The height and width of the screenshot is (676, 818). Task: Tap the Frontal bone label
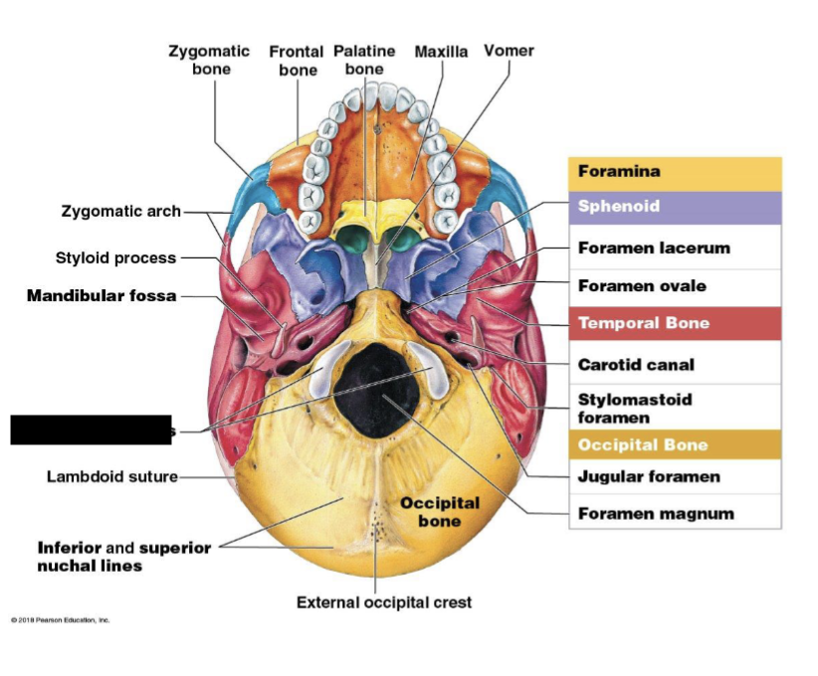(x=297, y=61)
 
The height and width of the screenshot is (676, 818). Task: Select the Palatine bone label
(x=364, y=60)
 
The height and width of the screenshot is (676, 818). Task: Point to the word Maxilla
(x=441, y=51)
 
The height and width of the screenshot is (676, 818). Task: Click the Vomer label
(x=509, y=51)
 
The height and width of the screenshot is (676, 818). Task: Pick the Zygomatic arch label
(x=121, y=211)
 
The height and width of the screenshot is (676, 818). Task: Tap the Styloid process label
(x=115, y=257)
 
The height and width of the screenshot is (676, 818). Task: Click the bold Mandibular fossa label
(x=102, y=295)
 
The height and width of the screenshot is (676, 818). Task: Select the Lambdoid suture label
(x=111, y=476)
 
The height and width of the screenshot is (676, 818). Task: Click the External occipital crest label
(x=384, y=602)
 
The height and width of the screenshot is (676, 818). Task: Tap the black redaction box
(x=91, y=429)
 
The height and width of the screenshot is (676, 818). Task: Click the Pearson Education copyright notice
(x=61, y=620)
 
